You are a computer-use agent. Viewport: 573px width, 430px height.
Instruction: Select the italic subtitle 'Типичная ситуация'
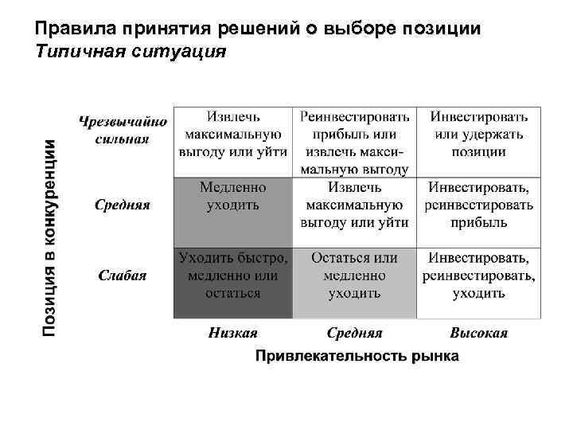[x=131, y=52]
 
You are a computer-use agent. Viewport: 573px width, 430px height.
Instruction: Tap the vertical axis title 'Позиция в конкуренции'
[x=49, y=236]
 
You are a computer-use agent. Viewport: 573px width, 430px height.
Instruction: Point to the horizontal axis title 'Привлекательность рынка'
[x=357, y=356]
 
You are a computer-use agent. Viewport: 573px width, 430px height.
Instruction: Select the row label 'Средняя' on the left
[x=123, y=204]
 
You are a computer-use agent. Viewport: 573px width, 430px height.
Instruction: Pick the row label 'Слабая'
[x=123, y=276]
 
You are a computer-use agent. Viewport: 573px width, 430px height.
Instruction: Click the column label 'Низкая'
[x=233, y=333]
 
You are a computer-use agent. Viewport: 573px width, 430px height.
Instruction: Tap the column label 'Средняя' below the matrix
[x=355, y=333]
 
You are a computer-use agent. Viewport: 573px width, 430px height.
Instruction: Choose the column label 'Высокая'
[x=478, y=333]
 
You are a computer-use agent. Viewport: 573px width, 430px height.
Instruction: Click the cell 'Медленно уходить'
[x=233, y=196]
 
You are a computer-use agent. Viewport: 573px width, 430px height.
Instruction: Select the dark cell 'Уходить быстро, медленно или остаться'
[x=233, y=276]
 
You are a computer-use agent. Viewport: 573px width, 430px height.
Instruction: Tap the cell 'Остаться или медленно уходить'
[x=355, y=276]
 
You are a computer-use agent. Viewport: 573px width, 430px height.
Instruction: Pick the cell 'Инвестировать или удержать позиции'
[x=478, y=134]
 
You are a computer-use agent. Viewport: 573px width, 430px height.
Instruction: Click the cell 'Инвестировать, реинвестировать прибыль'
[x=478, y=205]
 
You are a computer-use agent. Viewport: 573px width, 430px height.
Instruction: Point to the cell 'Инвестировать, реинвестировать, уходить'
[x=478, y=276]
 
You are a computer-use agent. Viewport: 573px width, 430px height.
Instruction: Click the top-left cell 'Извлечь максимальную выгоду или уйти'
[x=233, y=134]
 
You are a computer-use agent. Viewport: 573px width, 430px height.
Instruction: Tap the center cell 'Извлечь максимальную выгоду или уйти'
[x=355, y=205]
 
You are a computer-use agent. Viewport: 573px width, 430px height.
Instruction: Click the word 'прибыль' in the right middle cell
[x=478, y=223]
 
